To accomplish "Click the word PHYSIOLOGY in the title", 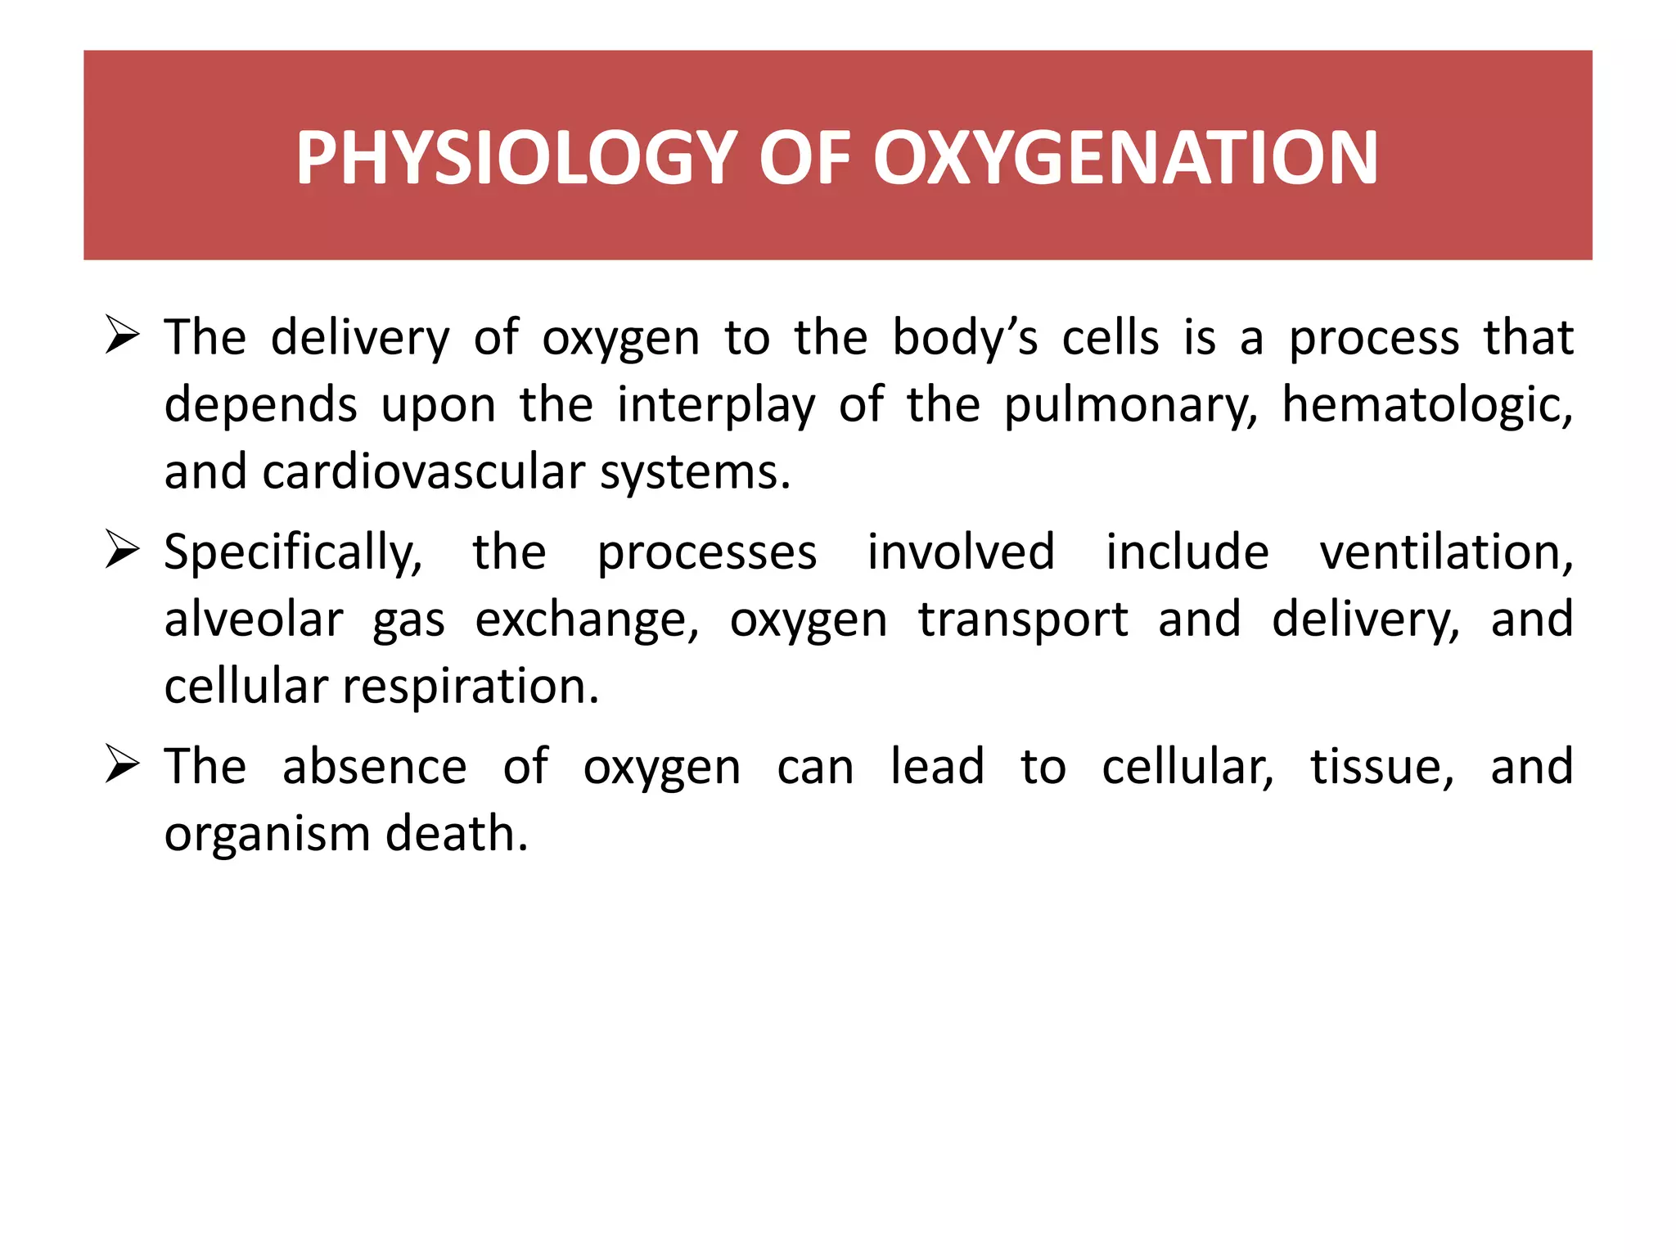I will click(517, 158).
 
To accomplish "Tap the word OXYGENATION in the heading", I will click(1125, 158).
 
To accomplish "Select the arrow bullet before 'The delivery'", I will click(123, 336).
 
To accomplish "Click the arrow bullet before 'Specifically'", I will click(123, 551).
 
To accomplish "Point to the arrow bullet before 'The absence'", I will click(123, 765).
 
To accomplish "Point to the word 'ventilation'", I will click(1446, 552).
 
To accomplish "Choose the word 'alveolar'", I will click(254, 619).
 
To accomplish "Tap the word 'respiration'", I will click(471, 687).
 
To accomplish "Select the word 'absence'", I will click(375, 767).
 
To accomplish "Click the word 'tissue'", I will click(1382, 767).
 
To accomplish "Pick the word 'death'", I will click(457, 834).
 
